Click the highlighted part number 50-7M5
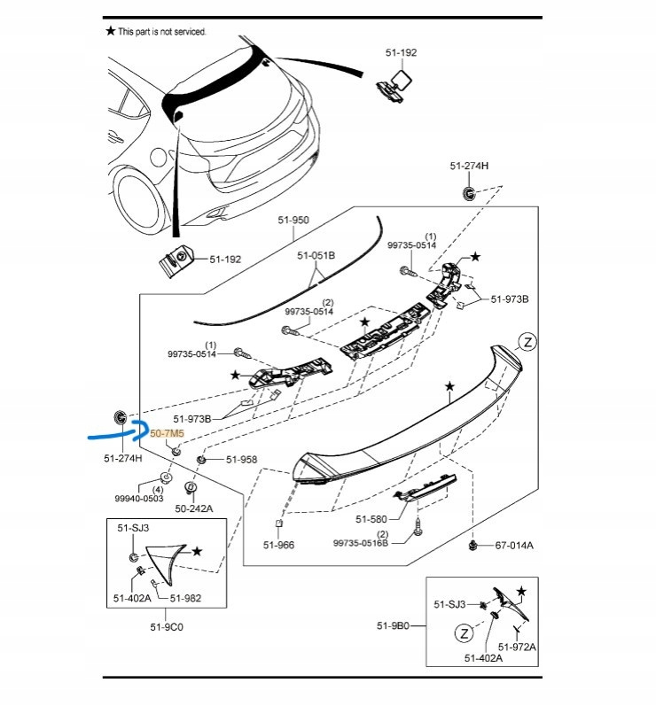click(167, 434)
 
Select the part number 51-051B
click(316, 255)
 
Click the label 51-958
click(241, 460)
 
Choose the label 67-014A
click(514, 546)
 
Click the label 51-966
click(278, 545)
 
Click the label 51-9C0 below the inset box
click(167, 626)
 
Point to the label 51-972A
click(518, 648)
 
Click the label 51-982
click(185, 598)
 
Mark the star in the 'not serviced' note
click(111, 31)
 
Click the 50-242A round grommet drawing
click(189, 487)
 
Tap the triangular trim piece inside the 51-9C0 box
click(166, 556)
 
